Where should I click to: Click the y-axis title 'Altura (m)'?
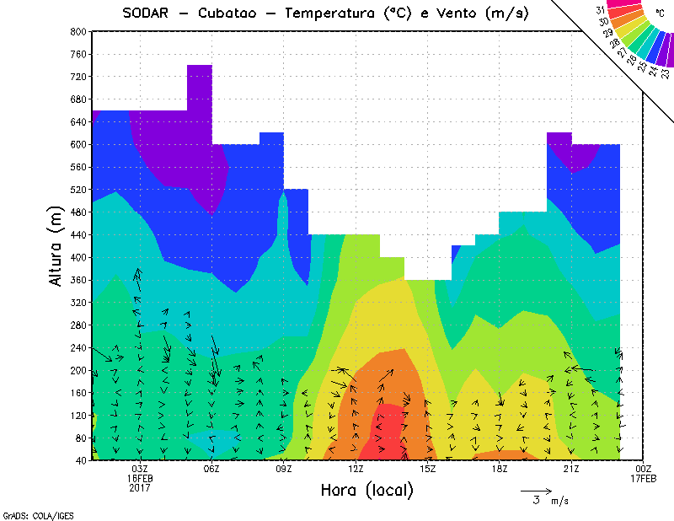[x=56, y=244]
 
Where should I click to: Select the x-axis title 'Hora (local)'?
[x=366, y=490]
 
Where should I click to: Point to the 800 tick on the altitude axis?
[x=78, y=31]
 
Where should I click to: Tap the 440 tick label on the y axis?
[x=78, y=235]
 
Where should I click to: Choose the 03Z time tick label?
[x=140, y=469]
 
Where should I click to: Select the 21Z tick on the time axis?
[x=571, y=469]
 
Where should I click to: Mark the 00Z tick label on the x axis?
[x=643, y=469]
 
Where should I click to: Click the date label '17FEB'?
[x=643, y=478]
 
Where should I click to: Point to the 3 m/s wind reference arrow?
[x=535, y=490]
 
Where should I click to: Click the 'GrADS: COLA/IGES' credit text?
[x=29, y=513]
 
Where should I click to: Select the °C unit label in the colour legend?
[x=661, y=13]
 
